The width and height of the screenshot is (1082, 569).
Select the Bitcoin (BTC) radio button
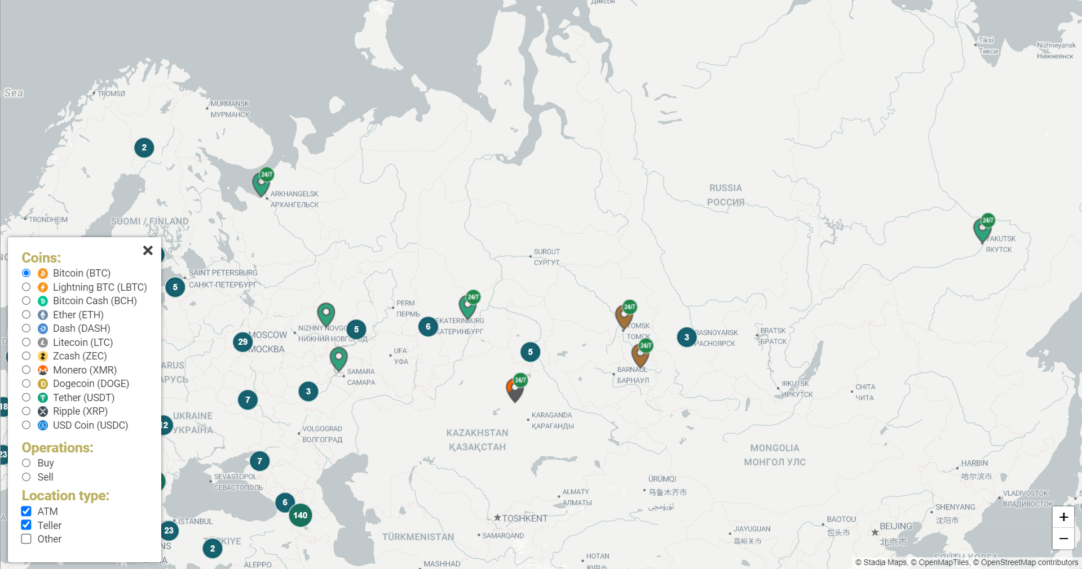coord(27,273)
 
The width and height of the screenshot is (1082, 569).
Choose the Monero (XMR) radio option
coord(27,370)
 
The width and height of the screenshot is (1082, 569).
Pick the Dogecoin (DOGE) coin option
coord(27,384)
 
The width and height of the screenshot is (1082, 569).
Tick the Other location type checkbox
coord(27,539)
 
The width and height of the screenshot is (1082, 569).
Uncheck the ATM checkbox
coord(27,512)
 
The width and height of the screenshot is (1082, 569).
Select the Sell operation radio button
coord(27,477)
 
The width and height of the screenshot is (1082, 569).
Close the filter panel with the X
coord(148,250)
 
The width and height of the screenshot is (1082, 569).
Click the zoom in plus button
coord(1063,517)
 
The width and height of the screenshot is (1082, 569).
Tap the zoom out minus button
coord(1063,539)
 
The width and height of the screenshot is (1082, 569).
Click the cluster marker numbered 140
coord(301,515)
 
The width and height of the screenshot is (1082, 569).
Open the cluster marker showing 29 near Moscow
coord(243,342)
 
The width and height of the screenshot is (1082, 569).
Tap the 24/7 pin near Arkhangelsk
coord(261,183)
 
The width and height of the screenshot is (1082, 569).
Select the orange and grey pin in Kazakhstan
coord(515,389)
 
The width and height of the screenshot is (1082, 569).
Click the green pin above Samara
coord(338,358)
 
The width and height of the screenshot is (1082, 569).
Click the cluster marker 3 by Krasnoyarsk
coord(686,337)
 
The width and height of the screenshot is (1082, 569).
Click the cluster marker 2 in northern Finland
coord(144,148)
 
